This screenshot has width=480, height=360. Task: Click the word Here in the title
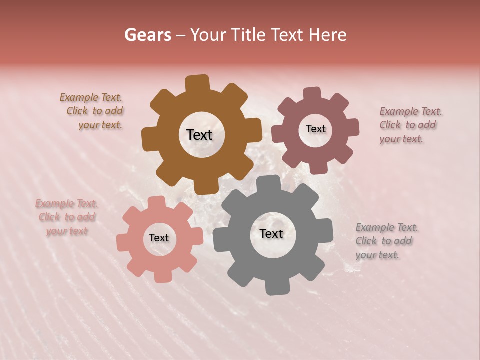tap(327, 35)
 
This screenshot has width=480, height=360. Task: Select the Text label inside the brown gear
tap(200, 135)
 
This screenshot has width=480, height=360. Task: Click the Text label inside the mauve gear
tap(315, 129)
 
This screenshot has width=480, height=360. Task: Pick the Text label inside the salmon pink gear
tap(159, 238)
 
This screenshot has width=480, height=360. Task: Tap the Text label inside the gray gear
tap(271, 233)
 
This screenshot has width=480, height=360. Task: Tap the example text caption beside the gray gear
tap(386, 241)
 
